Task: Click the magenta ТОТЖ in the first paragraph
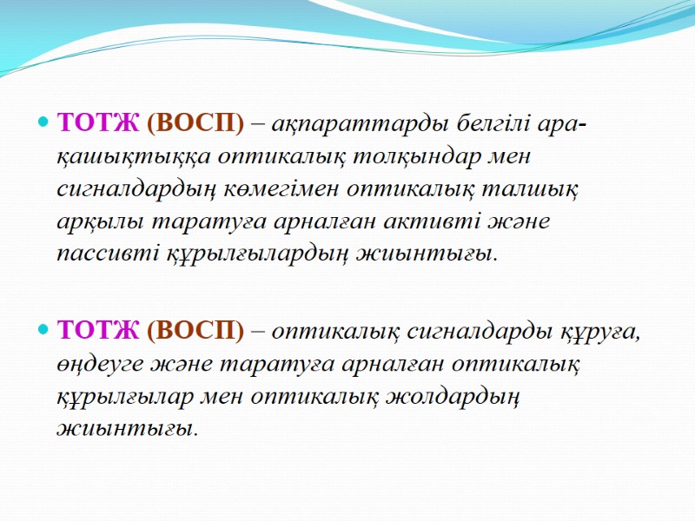97,124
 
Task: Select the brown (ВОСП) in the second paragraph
196,331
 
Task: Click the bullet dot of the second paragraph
43,331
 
